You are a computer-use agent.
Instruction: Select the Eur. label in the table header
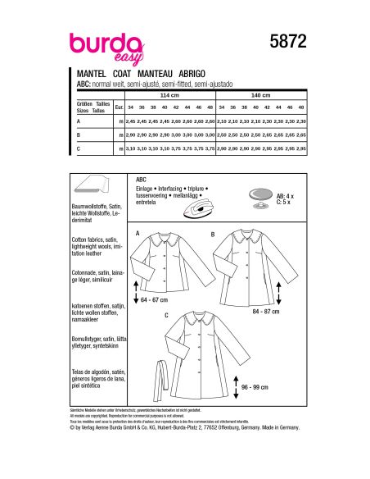(x=120, y=107)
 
